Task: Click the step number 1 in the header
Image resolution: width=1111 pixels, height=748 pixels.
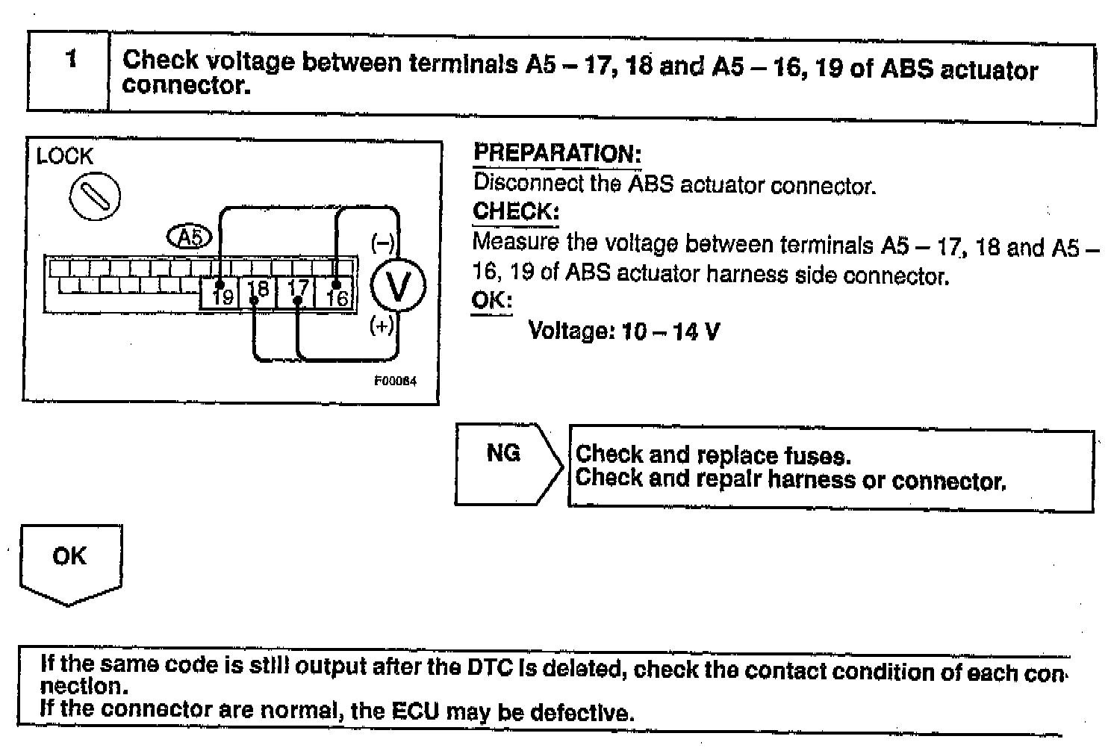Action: pyautogui.click(x=71, y=59)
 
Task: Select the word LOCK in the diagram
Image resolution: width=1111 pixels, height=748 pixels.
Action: pyautogui.click(x=65, y=157)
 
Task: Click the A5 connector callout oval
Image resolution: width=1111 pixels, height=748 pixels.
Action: pyautogui.click(x=190, y=237)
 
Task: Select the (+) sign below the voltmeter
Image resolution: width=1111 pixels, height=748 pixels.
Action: pyautogui.click(x=382, y=326)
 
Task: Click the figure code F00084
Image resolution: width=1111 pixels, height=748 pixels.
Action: pyautogui.click(x=396, y=381)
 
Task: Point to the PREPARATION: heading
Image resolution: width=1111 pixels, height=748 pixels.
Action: pyautogui.click(x=557, y=154)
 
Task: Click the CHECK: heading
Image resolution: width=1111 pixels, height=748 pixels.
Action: pyautogui.click(x=515, y=211)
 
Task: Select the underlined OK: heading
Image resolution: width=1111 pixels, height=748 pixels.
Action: pyautogui.click(x=491, y=301)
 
